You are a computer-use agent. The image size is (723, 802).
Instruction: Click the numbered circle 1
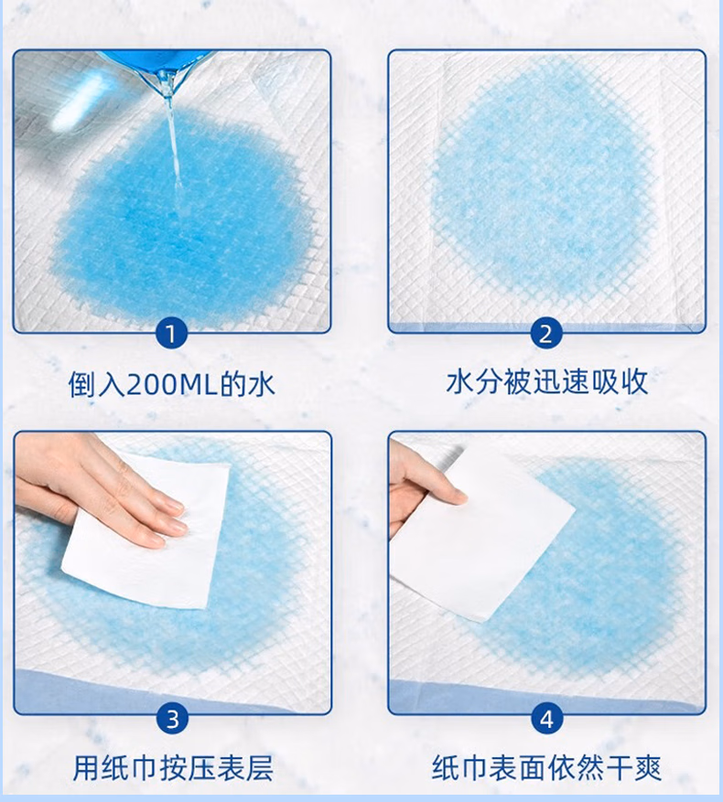[171, 334]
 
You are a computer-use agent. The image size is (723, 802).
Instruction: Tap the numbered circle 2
[545, 334]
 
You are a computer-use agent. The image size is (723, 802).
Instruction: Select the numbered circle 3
[173, 719]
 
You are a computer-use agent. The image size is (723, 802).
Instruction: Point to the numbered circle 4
[546, 719]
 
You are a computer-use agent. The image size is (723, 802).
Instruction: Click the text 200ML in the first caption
[173, 385]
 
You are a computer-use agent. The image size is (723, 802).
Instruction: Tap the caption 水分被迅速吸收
[547, 381]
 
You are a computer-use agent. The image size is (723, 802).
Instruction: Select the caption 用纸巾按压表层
[173, 767]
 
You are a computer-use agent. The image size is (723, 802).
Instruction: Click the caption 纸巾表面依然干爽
[546, 767]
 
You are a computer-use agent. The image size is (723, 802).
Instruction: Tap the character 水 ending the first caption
[262, 385]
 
